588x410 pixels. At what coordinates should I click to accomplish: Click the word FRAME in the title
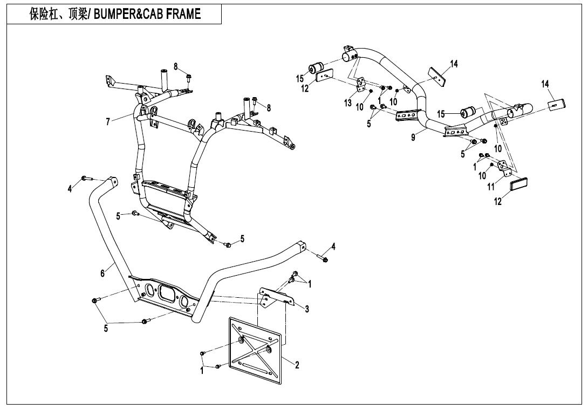(x=183, y=15)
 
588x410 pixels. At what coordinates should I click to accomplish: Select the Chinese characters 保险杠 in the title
(x=43, y=15)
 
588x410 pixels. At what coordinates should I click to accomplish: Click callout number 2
(x=297, y=365)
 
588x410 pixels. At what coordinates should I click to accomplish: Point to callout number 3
(x=306, y=309)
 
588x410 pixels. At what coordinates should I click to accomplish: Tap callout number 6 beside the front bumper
(x=103, y=274)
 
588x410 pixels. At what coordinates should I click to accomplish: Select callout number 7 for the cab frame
(x=108, y=122)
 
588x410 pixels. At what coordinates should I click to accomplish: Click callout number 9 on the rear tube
(x=413, y=138)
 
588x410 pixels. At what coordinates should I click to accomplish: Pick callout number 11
(x=491, y=187)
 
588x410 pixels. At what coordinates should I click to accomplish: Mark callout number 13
(x=348, y=102)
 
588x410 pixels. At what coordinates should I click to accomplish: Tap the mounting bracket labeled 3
(x=275, y=297)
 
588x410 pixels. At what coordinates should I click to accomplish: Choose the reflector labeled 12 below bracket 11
(x=519, y=184)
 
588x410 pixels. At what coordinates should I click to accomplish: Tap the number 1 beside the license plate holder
(x=202, y=371)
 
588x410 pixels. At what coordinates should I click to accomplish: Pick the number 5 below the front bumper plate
(x=106, y=329)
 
